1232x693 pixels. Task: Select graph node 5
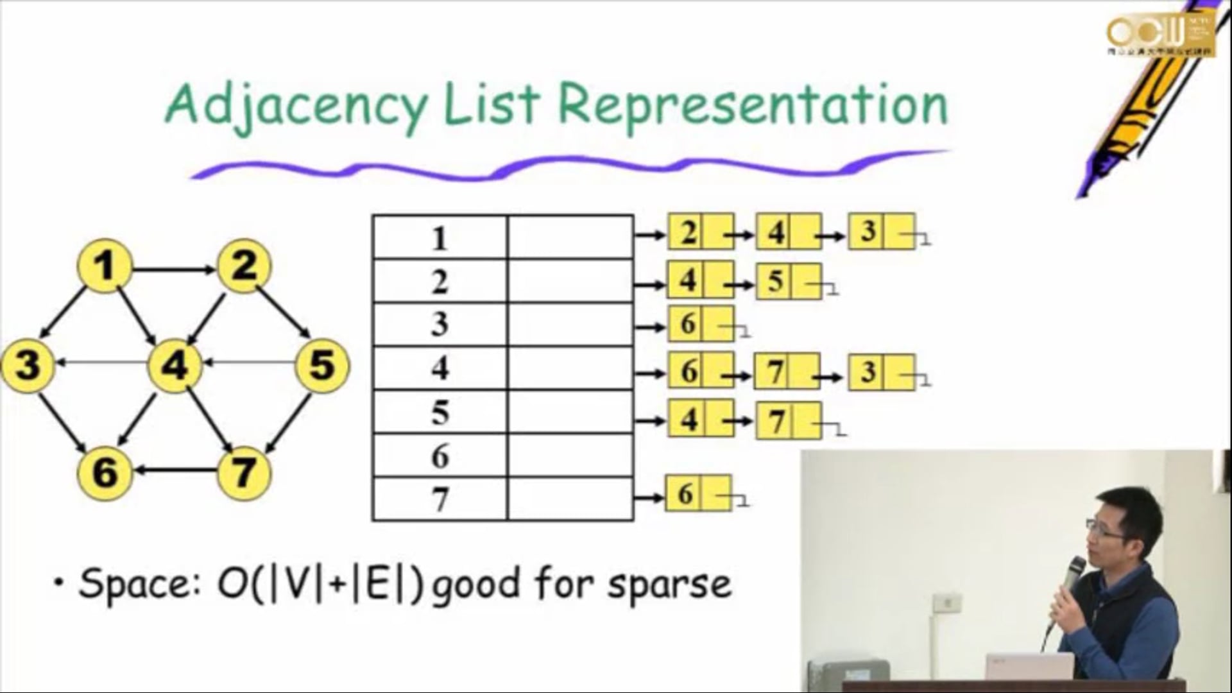coord(322,366)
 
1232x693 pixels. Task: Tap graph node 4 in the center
coord(175,366)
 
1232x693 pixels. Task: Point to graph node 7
coord(243,473)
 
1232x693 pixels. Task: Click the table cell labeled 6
coord(440,456)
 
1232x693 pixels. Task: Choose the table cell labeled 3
coord(440,324)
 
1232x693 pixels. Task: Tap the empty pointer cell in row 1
coord(570,237)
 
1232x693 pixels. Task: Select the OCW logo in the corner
coord(1160,33)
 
